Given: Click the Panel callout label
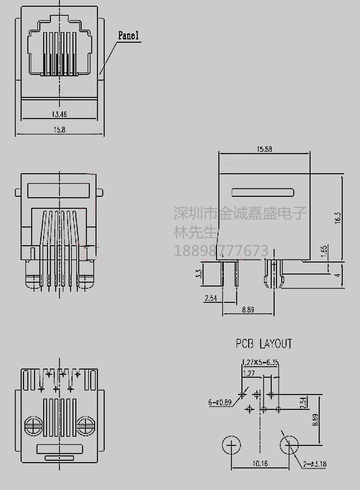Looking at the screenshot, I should coord(128,36).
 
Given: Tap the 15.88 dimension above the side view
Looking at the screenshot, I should coord(264,149).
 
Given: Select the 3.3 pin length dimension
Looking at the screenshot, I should coord(199,275).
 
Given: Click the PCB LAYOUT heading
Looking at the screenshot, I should coord(264,344).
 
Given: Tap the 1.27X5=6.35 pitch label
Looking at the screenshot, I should coord(260,362).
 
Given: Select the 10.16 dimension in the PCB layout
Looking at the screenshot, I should coord(259,463).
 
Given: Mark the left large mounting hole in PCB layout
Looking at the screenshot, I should coord(232,446).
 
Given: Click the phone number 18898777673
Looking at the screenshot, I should coord(220,251).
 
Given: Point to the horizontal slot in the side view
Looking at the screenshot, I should coord(262,193).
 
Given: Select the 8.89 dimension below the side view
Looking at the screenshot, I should coord(248,310).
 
